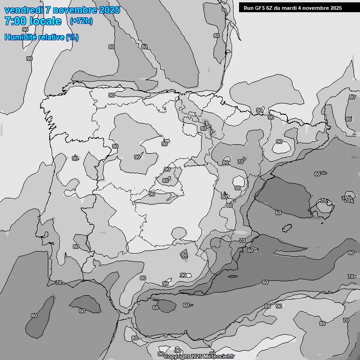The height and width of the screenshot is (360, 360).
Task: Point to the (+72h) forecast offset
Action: pos(81,21)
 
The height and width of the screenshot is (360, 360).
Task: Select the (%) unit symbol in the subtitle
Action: pos(72,37)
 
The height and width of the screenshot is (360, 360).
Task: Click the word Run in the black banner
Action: pos(248,8)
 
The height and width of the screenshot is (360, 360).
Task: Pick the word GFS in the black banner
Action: pos(261,8)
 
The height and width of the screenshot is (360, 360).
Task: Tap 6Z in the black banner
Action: pos(272,8)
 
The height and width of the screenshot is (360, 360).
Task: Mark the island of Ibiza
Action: pos(285,228)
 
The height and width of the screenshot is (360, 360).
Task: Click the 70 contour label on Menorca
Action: pos(347,200)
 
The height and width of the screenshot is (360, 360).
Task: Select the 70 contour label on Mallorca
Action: pos(323,201)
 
